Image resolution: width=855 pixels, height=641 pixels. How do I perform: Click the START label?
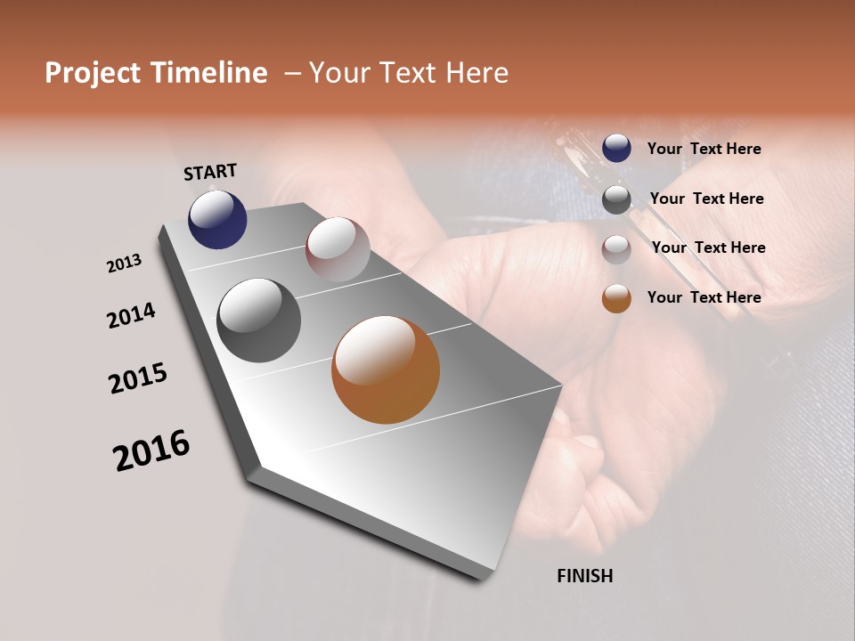[210, 172]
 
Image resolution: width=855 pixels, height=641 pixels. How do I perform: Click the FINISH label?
[584, 576]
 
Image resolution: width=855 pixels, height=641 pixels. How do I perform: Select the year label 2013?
[124, 264]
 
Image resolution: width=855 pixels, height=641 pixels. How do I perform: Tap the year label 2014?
[131, 316]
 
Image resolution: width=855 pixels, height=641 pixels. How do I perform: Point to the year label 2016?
[151, 450]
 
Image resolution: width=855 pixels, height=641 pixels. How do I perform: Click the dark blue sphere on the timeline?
[217, 220]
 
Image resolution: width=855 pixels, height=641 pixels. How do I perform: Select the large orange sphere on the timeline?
[386, 369]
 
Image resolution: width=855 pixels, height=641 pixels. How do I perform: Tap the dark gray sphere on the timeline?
[258, 320]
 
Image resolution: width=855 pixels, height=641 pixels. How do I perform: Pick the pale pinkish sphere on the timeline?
[338, 249]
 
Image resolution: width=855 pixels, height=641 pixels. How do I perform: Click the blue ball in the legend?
[616, 148]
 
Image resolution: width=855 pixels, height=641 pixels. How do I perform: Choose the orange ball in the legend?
[616, 298]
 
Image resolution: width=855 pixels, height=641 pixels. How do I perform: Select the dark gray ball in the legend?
[616, 199]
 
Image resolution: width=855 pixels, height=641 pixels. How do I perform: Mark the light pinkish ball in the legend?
[616, 249]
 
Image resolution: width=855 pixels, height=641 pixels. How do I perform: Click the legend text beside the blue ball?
[704, 150]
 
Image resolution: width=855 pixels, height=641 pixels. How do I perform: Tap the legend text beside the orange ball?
[704, 297]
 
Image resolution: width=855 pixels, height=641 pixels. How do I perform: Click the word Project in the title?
[93, 73]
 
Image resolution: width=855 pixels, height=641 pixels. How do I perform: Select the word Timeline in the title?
[210, 73]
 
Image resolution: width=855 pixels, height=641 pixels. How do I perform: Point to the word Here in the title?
[476, 73]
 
